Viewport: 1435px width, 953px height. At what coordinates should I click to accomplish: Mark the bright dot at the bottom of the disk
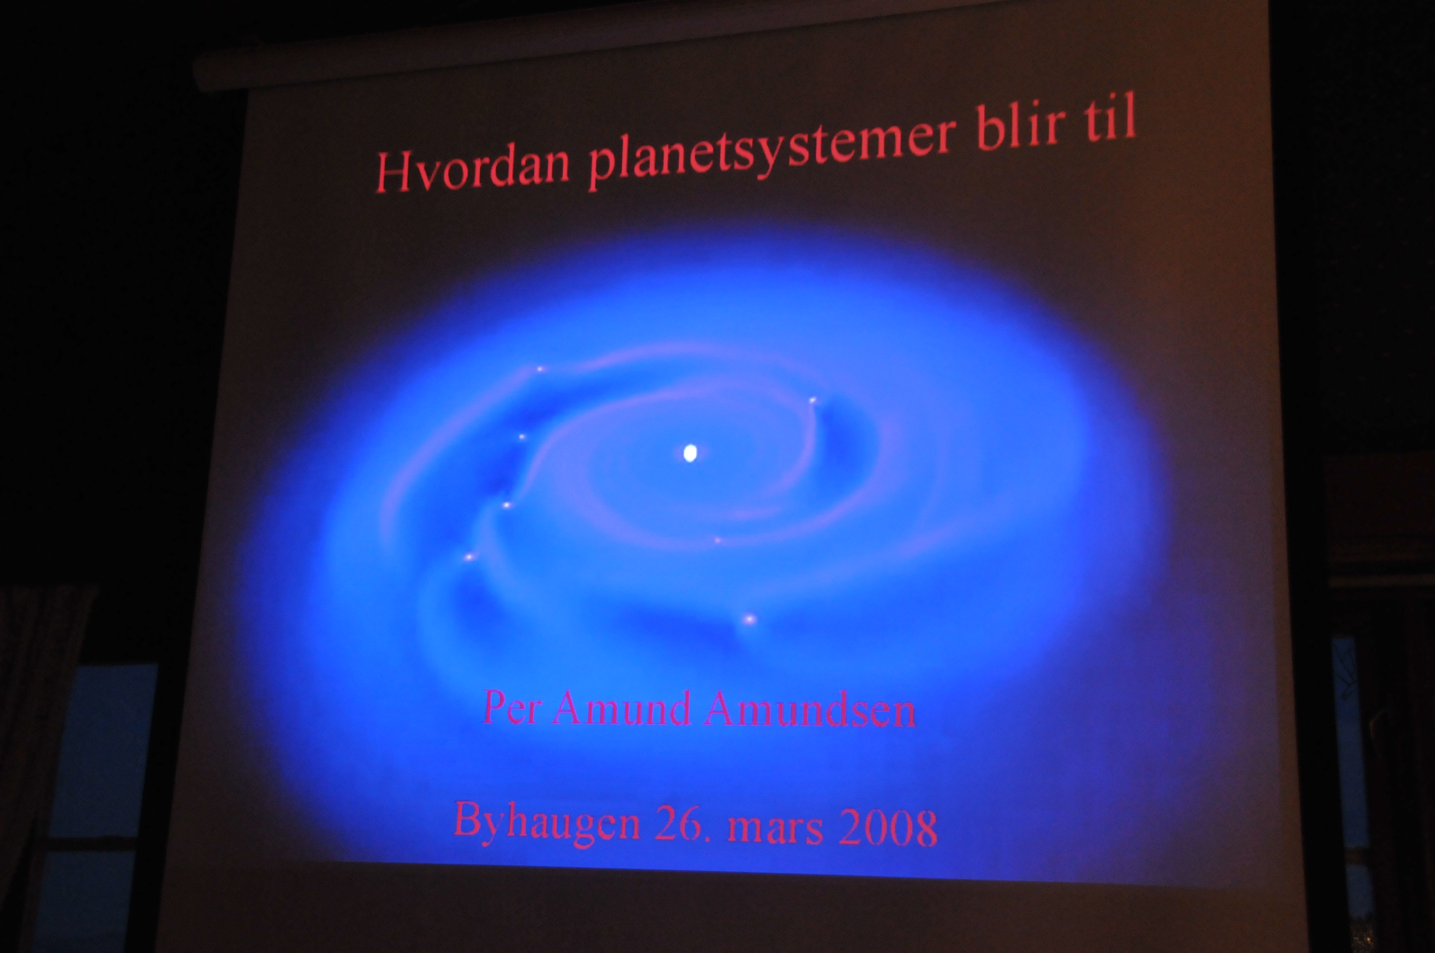(x=749, y=620)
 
